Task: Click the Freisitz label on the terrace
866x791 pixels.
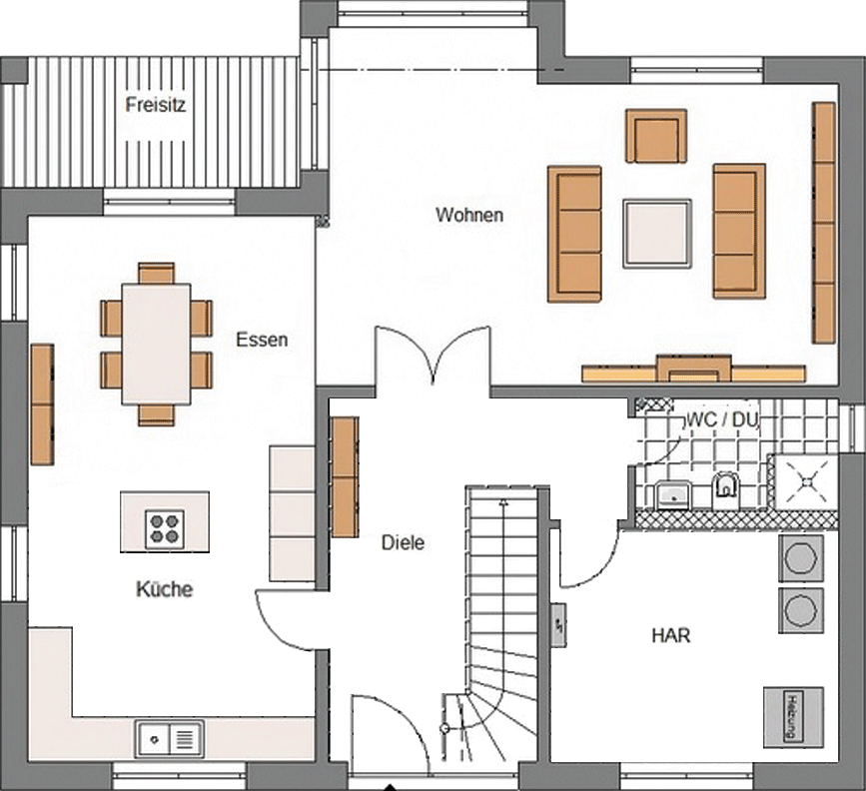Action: tap(155, 105)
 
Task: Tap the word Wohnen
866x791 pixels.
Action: tap(469, 215)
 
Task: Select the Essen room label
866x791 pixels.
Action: tap(262, 340)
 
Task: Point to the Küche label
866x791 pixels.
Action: tap(164, 589)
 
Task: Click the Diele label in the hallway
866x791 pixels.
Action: tap(404, 542)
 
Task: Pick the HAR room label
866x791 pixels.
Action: tap(671, 635)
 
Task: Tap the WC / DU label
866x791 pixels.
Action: tap(722, 419)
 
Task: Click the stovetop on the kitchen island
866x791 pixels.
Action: tap(165, 529)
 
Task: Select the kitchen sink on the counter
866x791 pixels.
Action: tap(170, 738)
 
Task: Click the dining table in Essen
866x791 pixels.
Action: tap(157, 344)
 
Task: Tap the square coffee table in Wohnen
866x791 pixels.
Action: tap(657, 234)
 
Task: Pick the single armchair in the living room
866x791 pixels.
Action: tap(656, 136)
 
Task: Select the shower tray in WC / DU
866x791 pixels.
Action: tap(807, 481)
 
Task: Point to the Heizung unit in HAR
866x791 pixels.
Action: tap(794, 716)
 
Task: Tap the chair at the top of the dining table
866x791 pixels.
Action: tap(156, 274)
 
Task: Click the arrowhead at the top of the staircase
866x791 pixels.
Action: tap(503, 501)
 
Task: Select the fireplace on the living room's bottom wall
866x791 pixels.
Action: tap(694, 369)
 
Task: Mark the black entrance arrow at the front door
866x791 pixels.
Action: tap(391, 787)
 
